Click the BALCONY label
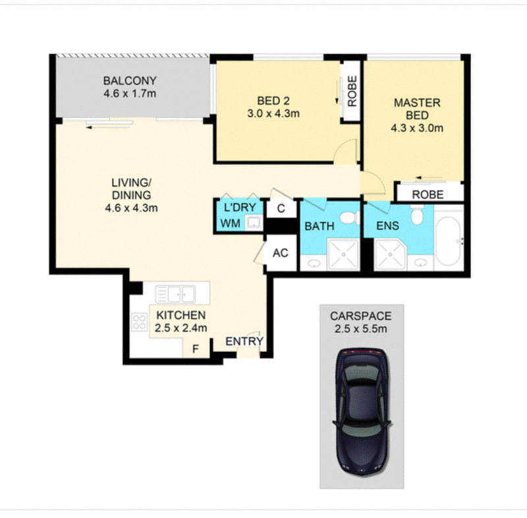coord(130,80)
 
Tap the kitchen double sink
coord(175,295)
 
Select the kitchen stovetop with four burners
coord(139,322)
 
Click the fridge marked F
coord(196,349)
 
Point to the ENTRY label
coord(244,341)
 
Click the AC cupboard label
coord(281,253)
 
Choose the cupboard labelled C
coord(281,208)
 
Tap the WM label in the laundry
coord(231,223)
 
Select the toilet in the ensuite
coord(417,216)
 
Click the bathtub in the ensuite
coord(449,241)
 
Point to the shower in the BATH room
coord(343,254)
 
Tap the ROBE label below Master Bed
coord(428,194)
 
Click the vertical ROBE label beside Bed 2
coord(352,91)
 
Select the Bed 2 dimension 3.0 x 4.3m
coord(273,113)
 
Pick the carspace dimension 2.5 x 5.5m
coord(360,329)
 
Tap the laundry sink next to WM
coord(253,223)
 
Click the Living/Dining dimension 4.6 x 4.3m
coord(131,208)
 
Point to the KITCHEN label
coord(181,315)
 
